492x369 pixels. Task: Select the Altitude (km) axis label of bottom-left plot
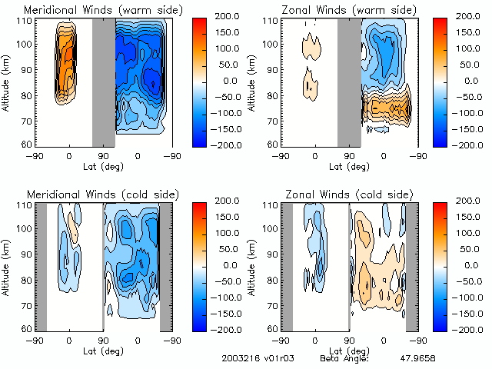(7, 265)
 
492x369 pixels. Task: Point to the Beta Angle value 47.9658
(417, 358)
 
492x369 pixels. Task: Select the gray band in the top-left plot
(103, 81)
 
